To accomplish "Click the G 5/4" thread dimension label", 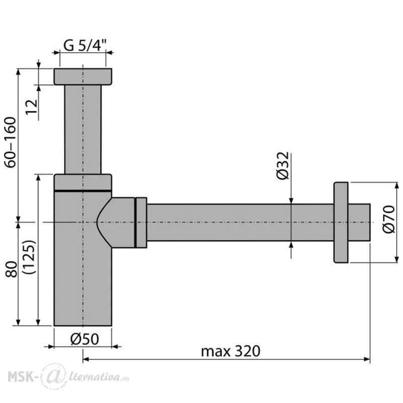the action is click(x=85, y=46).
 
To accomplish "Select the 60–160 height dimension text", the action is click(x=11, y=142).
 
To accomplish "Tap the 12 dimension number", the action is click(x=32, y=107).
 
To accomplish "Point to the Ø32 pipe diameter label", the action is click(x=283, y=166).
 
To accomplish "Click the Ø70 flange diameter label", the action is click(x=388, y=219).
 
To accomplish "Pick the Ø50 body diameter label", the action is click(x=85, y=339).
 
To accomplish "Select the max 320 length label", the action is click(x=231, y=351).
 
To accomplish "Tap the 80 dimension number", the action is click(x=11, y=269).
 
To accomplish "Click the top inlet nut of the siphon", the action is click(x=83, y=77).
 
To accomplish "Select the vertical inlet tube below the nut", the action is click(x=83, y=129).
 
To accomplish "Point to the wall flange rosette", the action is click(x=341, y=223).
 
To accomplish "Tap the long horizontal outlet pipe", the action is click(x=240, y=223).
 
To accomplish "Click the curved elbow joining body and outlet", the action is click(x=116, y=223).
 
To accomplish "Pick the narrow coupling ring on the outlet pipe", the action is click(x=141, y=223).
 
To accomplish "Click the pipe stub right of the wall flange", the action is click(x=359, y=223).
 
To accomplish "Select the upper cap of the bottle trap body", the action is click(x=83, y=182).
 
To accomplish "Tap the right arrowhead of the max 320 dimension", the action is click(x=367, y=359).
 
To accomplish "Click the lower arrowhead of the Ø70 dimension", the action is click(x=397, y=259).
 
